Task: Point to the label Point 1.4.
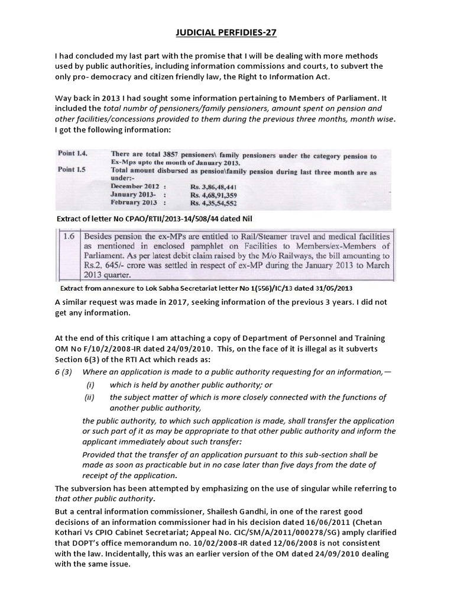[72, 153]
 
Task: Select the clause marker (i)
[90, 385]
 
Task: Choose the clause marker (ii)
[90, 397]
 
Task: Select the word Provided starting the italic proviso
[102, 454]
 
